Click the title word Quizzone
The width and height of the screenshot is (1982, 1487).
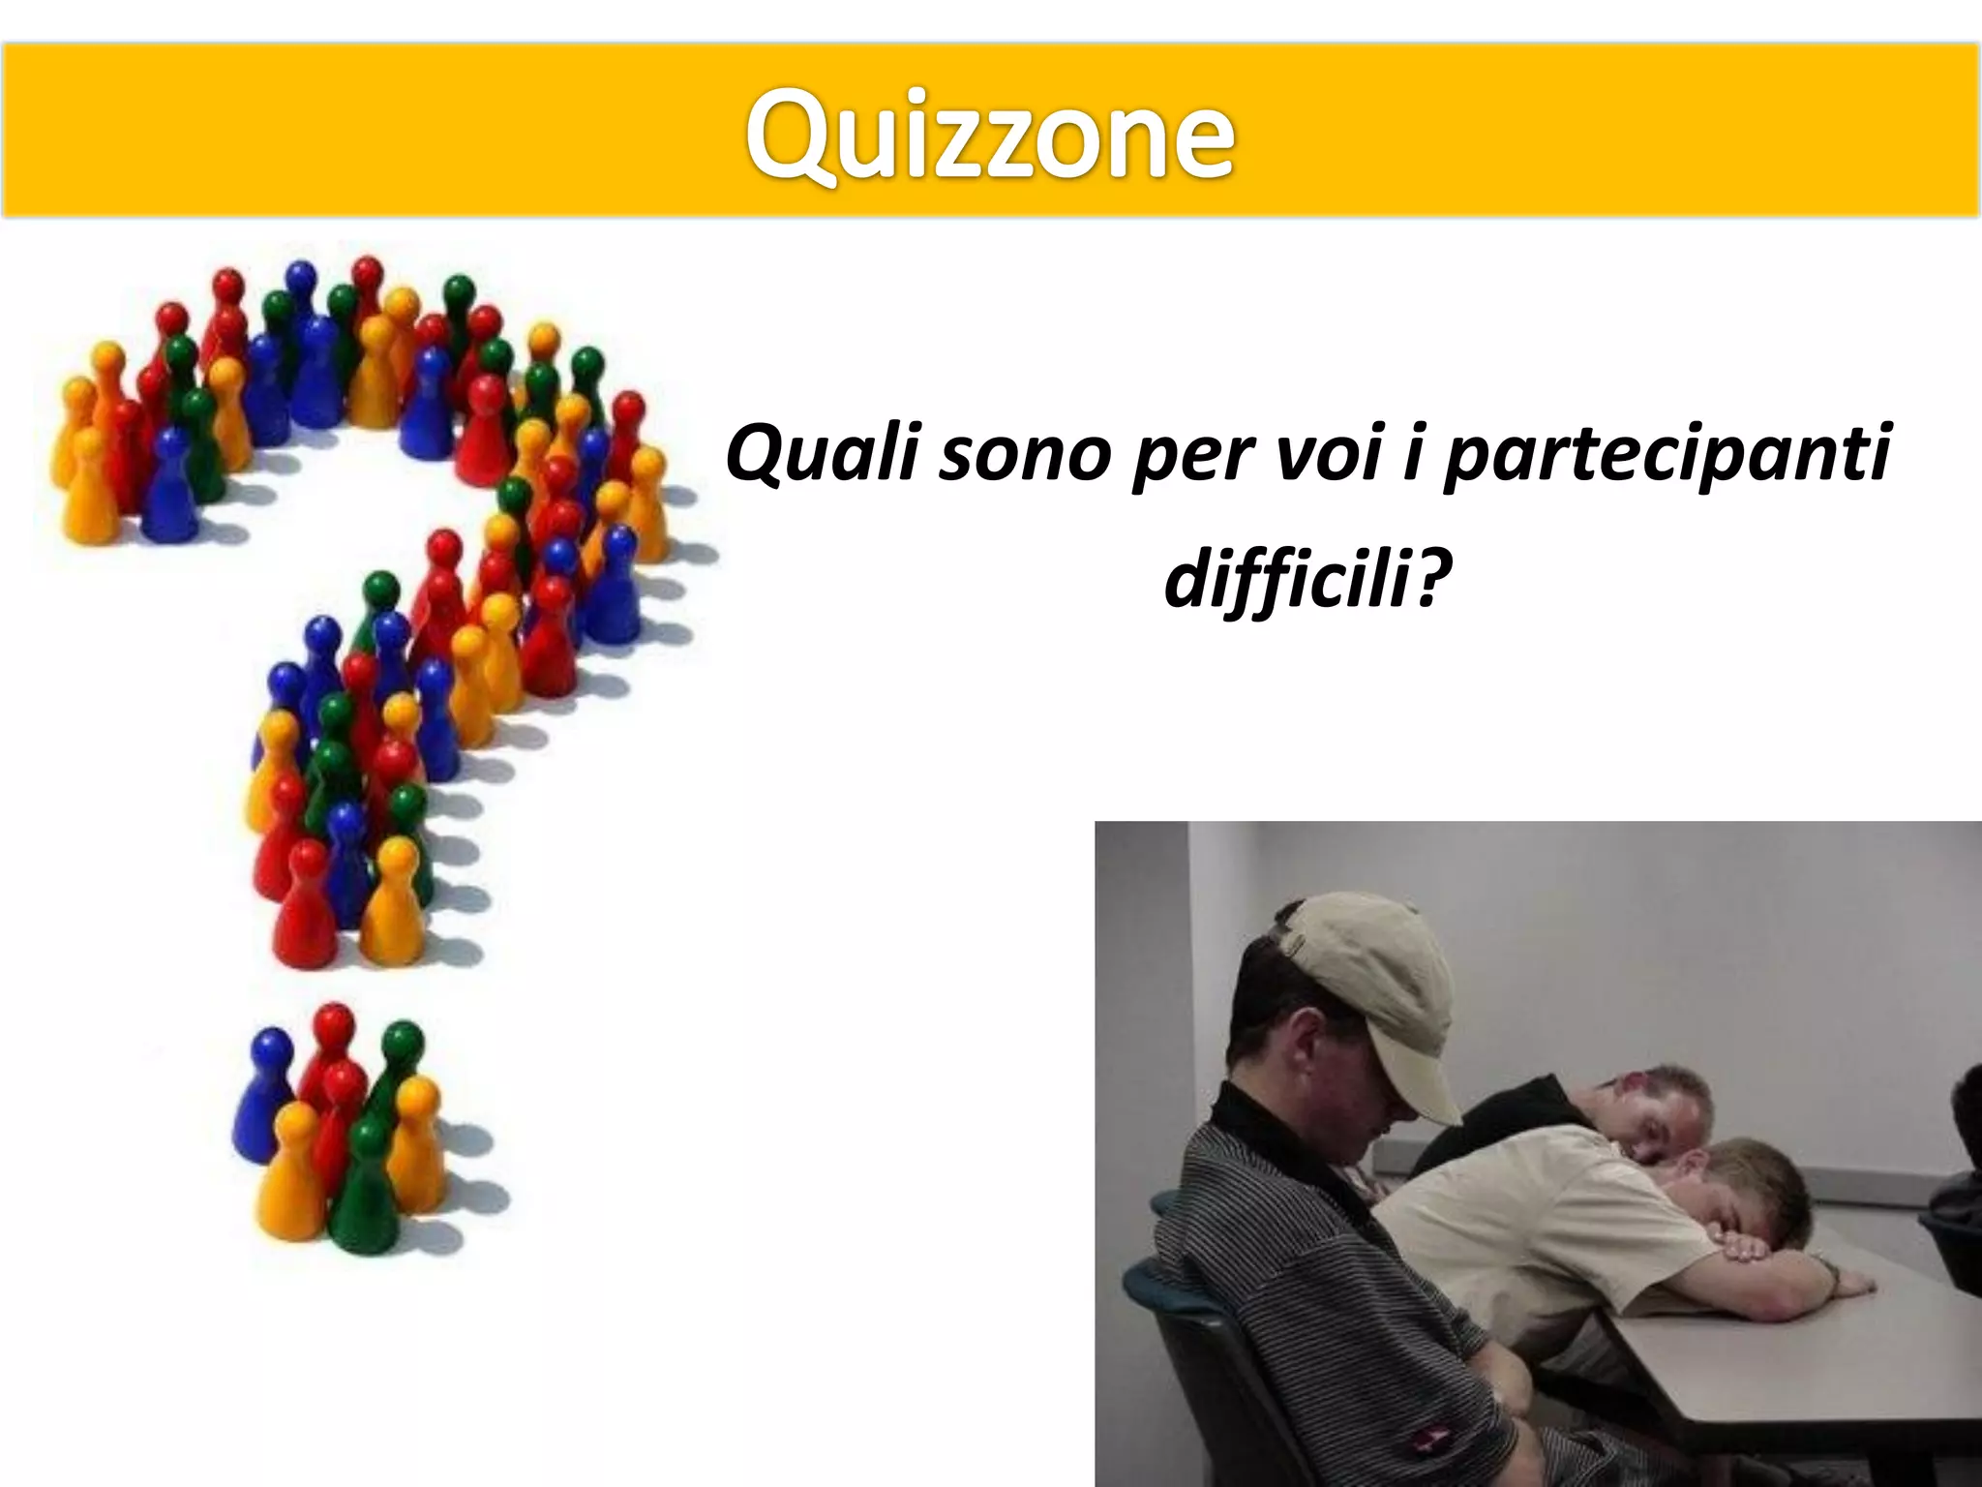pyautogui.click(x=989, y=136)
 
